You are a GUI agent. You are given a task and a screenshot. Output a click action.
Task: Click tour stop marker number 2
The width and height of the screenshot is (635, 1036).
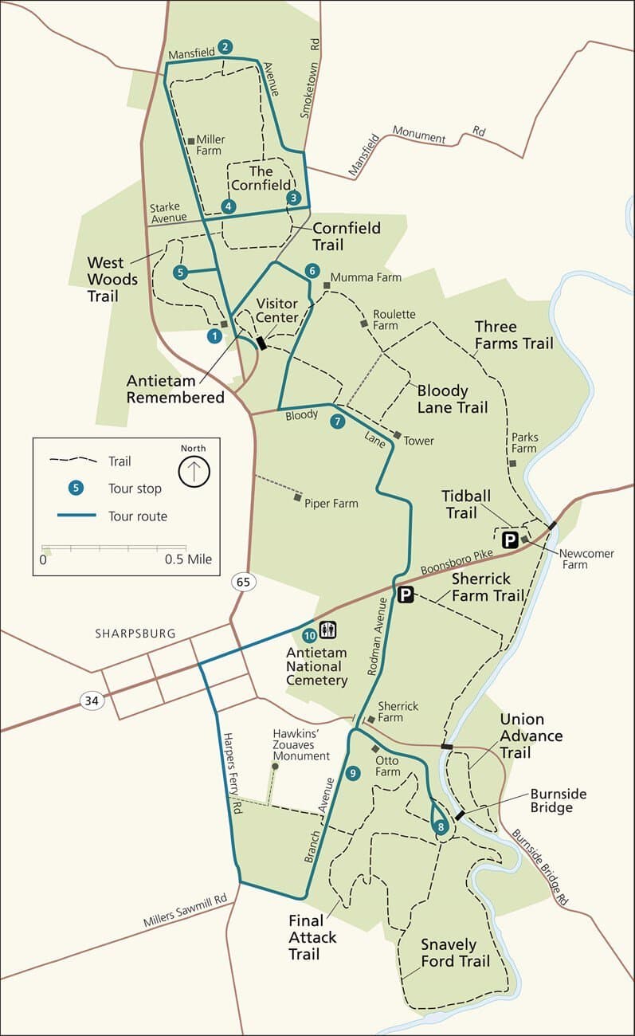coord(225,47)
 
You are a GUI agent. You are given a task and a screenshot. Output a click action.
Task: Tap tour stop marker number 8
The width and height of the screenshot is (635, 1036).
coord(441,827)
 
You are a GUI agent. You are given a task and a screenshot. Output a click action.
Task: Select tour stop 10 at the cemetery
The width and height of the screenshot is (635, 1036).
coord(310,635)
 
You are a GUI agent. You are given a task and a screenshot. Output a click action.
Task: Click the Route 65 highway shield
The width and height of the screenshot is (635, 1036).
coord(243,582)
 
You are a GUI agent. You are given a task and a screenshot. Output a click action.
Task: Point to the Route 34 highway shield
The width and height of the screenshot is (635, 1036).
coord(92,700)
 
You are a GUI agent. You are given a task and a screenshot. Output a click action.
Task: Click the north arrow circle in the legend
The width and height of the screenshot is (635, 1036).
coord(194,472)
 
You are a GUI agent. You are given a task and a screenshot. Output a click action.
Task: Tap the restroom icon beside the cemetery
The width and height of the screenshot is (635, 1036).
coord(328,630)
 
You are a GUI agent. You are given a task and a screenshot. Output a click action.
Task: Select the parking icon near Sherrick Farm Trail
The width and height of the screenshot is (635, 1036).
coord(406,595)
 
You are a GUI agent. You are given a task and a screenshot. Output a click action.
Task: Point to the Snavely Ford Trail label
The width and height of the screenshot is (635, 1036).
coord(454,953)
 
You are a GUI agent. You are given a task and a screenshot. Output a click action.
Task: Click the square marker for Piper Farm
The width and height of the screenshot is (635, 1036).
coord(297,497)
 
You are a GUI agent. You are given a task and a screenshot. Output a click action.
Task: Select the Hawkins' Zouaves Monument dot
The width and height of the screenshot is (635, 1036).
coord(275,767)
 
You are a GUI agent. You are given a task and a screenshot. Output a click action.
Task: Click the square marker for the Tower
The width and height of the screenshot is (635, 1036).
coord(397,434)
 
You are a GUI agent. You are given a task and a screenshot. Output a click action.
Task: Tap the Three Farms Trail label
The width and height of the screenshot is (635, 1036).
coord(513,335)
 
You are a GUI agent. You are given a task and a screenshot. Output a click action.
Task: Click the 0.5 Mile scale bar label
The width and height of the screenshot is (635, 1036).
coord(188,559)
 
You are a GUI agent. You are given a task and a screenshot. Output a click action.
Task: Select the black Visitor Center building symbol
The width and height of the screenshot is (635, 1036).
coord(261,343)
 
